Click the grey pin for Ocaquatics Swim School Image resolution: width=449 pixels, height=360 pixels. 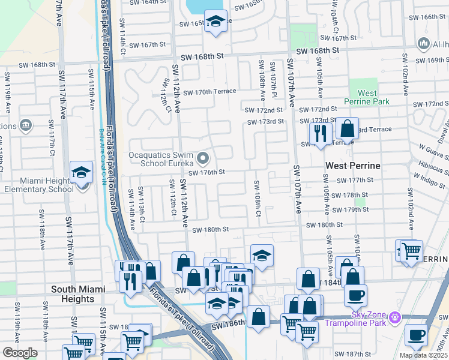point(203,159)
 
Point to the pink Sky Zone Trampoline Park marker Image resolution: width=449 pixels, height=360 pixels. point(394,316)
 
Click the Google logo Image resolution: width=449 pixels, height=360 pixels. point(20,353)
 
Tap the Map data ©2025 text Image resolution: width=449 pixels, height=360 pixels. point(423,355)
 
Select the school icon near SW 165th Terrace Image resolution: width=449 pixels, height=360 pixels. point(215,22)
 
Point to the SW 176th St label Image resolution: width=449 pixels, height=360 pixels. point(206,172)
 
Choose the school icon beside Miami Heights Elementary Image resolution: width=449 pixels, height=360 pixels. point(80,172)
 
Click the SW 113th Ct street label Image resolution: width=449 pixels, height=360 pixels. point(142,205)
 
